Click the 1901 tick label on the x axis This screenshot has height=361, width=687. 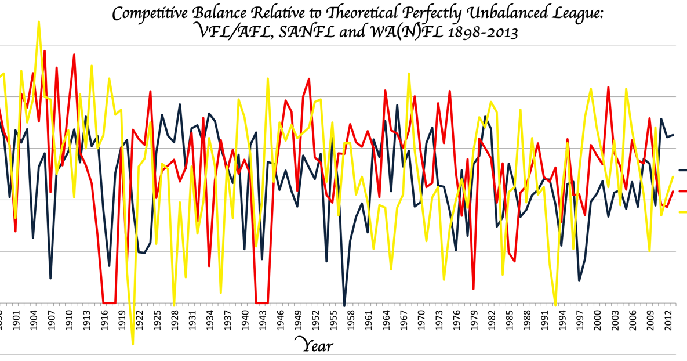[16, 320]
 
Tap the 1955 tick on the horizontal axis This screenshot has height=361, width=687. [332, 320]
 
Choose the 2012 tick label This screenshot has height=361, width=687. [667, 320]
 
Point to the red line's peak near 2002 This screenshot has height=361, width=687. [608, 87]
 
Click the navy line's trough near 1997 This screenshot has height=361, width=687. [579, 280]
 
